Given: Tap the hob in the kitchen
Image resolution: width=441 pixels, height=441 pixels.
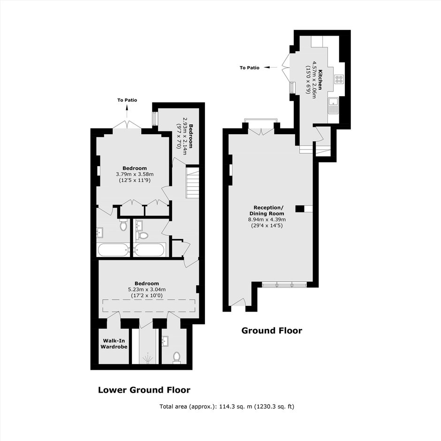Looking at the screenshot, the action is point(339,79).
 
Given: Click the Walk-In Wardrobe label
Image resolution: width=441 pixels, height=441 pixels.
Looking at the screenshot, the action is point(114,344).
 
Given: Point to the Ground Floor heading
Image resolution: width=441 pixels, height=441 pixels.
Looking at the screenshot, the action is point(272,330).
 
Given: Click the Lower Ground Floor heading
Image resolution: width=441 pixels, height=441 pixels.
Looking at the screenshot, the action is point(144,390).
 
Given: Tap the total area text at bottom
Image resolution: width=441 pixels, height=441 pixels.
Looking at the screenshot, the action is point(227,406).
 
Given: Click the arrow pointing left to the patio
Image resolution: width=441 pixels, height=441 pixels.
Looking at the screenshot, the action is point(267,67).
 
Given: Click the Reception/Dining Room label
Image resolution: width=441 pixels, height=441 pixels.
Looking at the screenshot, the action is point(266,211).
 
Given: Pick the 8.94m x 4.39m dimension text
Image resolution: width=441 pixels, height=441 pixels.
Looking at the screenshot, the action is point(266,220).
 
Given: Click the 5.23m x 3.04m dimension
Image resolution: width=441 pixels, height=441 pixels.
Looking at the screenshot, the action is point(146,289).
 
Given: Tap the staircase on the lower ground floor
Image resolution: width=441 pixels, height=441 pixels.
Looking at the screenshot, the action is point(192,183).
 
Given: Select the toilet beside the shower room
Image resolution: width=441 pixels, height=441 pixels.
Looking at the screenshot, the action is point(177,357).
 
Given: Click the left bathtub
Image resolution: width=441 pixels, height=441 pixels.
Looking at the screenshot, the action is point(113,250).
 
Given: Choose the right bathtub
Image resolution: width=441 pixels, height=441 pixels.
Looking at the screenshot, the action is point(149,250).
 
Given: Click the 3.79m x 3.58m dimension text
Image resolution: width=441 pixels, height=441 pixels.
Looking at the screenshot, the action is point(135,175).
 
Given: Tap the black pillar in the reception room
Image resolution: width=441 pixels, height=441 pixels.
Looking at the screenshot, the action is point(300,208).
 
